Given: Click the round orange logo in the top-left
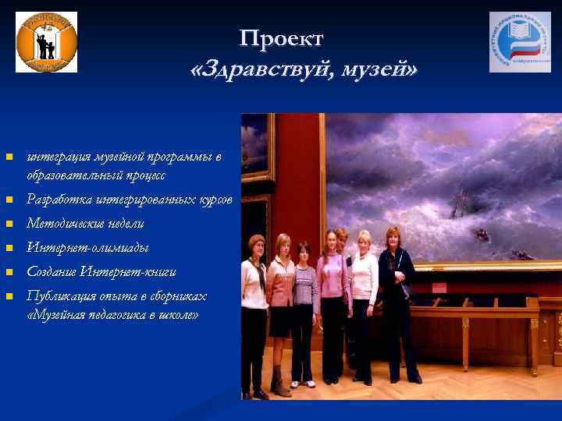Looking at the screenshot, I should pyautogui.click(x=47, y=42).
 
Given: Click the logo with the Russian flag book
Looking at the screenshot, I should pyautogui.click(x=519, y=42).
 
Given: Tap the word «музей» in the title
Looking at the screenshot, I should pyautogui.click(x=380, y=71).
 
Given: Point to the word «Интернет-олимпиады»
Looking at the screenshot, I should pyautogui.click(x=87, y=248).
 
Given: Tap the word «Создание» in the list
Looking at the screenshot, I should pyautogui.click(x=53, y=272).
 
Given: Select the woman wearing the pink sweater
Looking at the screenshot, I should pyautogui.click(x=333, y=296).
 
